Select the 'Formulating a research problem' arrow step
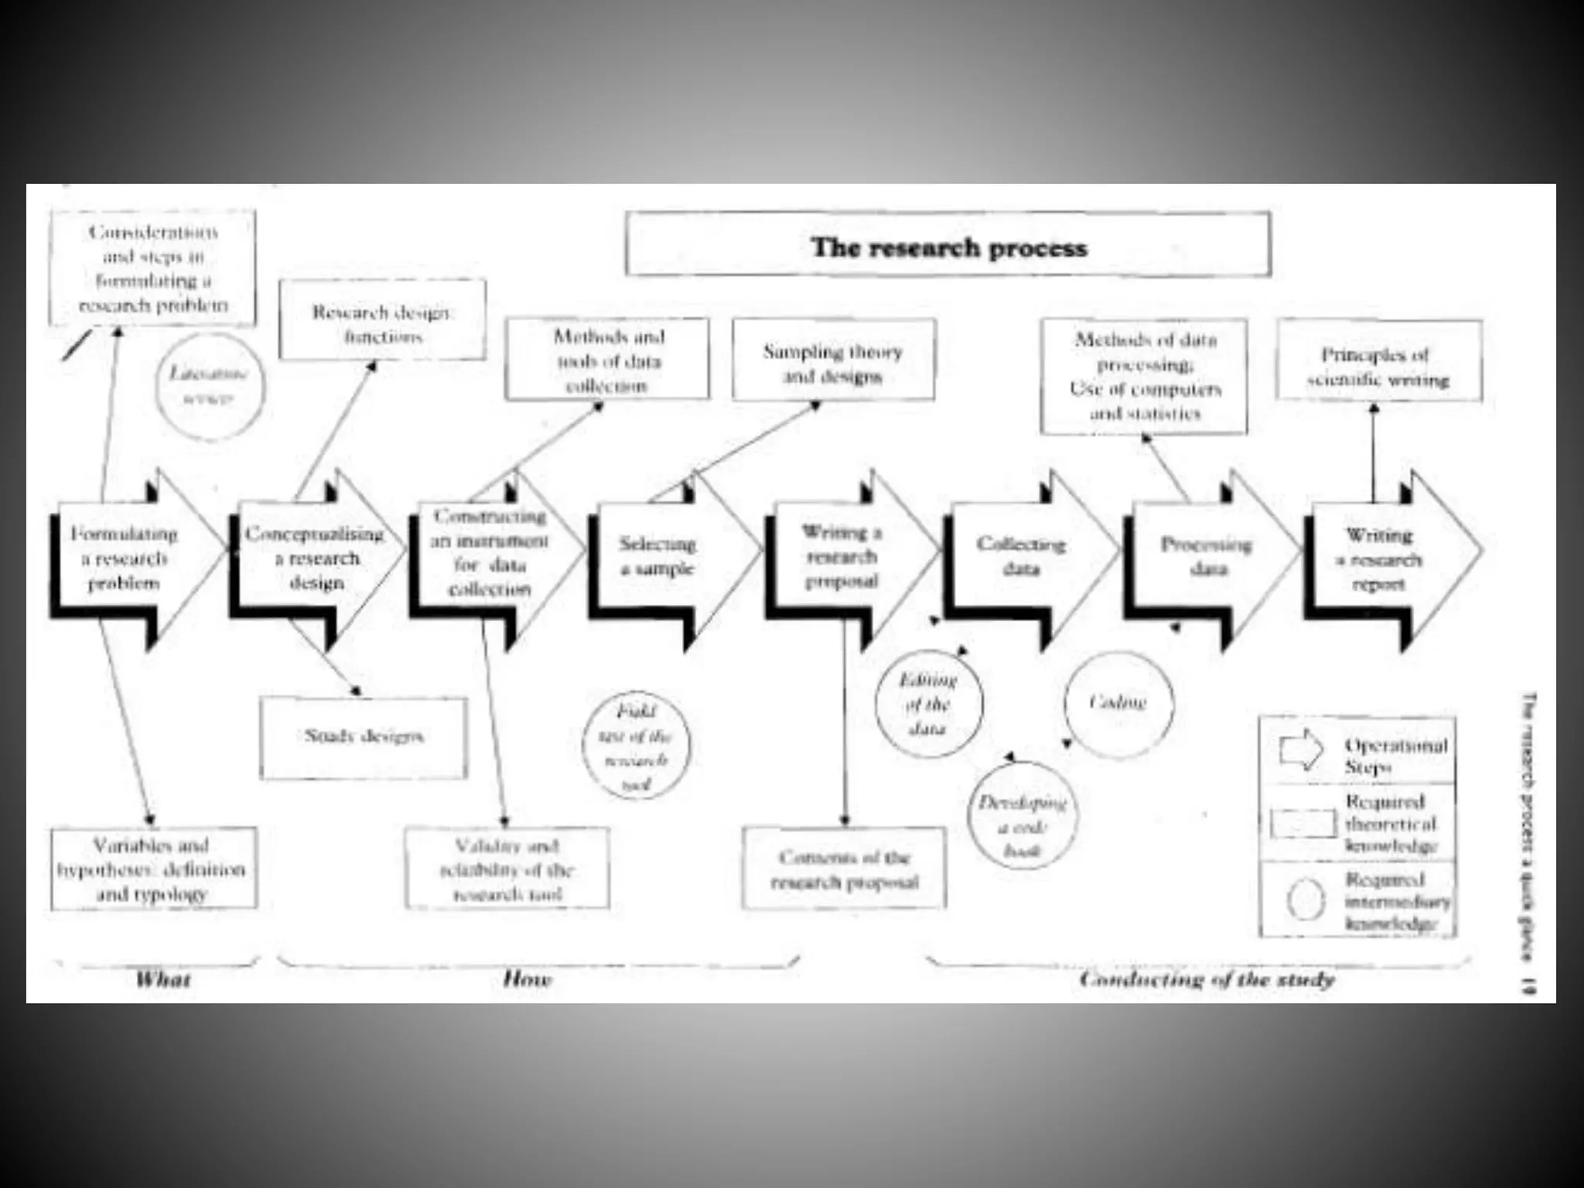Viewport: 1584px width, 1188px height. point(124,558)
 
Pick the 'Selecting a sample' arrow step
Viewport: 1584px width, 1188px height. point(657,557)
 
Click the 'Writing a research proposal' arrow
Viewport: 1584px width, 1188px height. point(841,557)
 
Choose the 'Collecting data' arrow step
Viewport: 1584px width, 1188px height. point(1021,557)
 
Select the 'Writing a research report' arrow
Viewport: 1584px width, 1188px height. point(1380,558)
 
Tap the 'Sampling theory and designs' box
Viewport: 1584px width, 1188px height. point(833,361)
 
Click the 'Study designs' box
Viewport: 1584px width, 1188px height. point(364,737)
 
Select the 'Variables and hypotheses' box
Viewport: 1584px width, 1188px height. point(152,869)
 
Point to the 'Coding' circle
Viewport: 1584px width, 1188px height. point(1118,703)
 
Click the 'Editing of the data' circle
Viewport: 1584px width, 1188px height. point(929,703)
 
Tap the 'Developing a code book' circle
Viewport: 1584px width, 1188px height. point(1022,827)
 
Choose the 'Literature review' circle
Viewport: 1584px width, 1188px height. point(209,386)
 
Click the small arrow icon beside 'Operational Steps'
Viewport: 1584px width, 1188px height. point(1301,749)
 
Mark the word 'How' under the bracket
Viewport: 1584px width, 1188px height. point(527,981)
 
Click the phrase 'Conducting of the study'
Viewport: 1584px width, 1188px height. point(1207,981)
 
